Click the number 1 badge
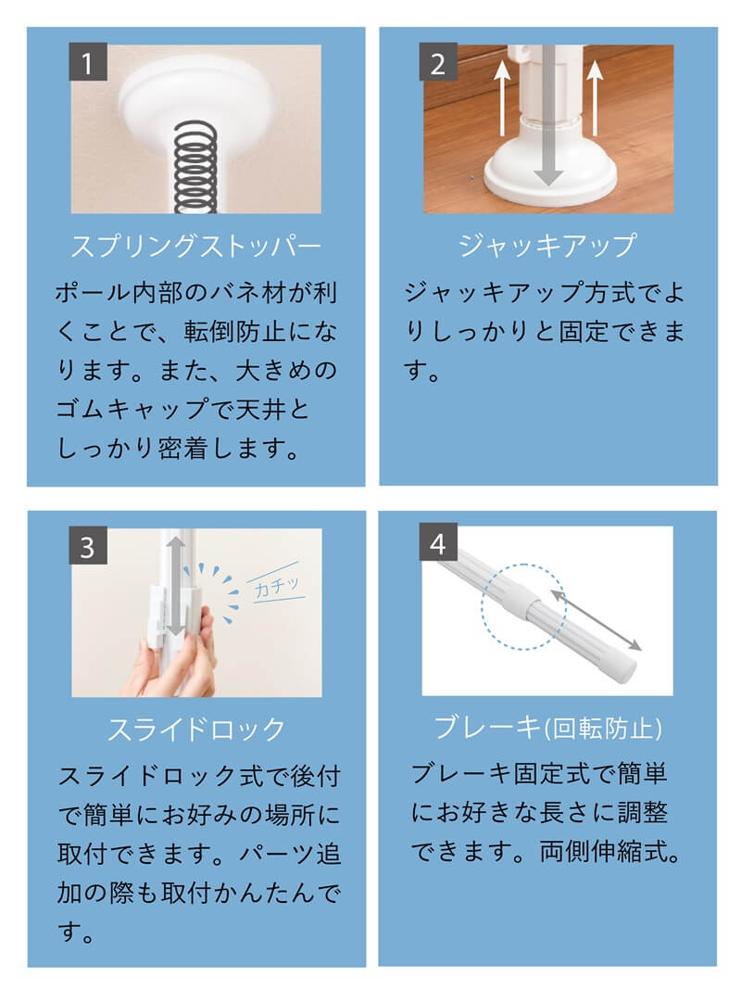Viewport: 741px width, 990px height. (88, 64)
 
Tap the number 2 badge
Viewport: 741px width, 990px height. (438, 64)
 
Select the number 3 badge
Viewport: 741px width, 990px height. (88, 548)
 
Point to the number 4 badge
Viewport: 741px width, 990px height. (438, 544)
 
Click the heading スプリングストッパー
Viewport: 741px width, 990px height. (195, 247)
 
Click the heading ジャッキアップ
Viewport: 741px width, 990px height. (547, 246)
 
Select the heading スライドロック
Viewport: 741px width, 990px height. (195, 730)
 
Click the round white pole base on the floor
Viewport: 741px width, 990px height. (548, 176)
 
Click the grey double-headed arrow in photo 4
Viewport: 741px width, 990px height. (597, 618)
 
